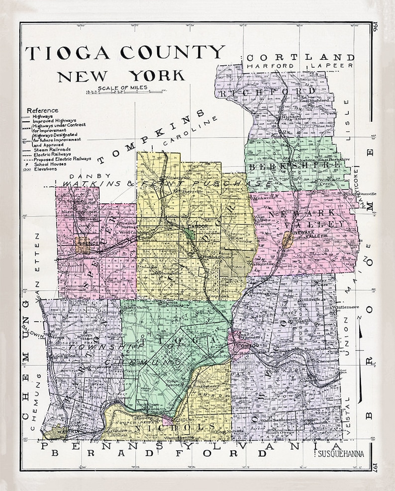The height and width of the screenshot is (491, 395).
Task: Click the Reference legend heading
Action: point(42,110)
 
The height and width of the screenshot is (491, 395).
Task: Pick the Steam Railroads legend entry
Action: point(52,149)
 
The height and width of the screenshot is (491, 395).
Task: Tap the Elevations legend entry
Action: point(45,168)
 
